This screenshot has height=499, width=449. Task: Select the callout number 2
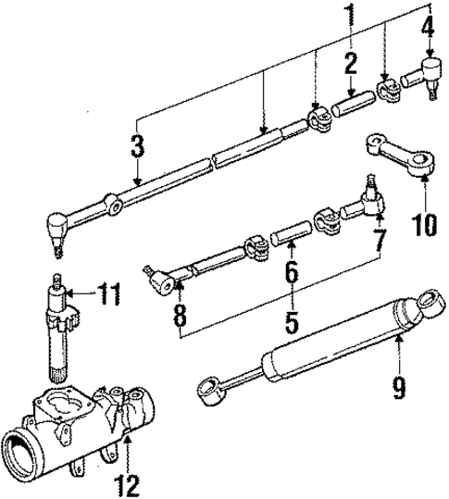350,64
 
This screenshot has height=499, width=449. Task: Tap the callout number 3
137,146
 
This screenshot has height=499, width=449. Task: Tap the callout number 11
109,295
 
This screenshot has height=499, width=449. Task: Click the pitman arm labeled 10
396,154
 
